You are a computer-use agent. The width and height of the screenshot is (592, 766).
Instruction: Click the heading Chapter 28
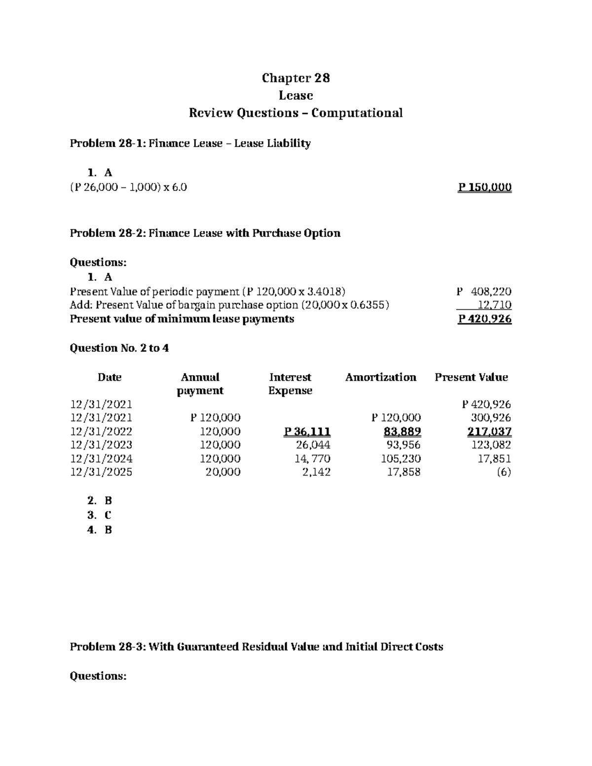click(296, 78)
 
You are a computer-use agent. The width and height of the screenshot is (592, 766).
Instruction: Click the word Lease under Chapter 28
click(296, 95)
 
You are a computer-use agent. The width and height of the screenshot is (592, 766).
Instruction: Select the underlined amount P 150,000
click(484, 187)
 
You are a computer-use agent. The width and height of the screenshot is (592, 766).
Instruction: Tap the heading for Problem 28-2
click(205, 233)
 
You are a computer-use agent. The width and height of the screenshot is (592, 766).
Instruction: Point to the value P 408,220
click(484, 291)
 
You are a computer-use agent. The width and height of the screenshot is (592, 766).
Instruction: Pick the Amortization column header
click(380, 377)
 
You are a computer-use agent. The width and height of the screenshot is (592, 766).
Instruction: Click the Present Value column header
click(471, 377)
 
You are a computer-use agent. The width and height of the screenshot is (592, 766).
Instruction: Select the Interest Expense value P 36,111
click(307, 432)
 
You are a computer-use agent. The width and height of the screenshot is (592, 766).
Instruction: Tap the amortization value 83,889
click(402, 432)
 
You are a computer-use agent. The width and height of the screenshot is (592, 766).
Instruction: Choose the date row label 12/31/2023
click(101, 445)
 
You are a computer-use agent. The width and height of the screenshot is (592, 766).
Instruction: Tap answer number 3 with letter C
click(100, 515)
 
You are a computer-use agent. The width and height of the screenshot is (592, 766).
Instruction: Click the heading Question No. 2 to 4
click(119, 348)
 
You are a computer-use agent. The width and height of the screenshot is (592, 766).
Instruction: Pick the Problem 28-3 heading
click(256, 646)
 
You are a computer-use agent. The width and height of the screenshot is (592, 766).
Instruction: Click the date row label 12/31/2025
click(101, 472)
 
